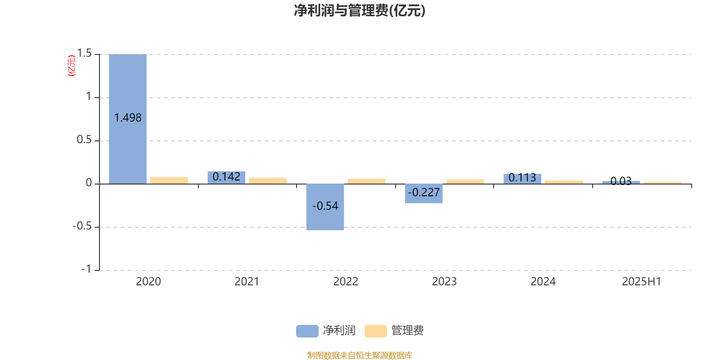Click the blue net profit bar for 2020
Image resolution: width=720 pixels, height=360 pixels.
[x=128, y=119]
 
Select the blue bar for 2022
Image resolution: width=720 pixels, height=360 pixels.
[x=325, y=207]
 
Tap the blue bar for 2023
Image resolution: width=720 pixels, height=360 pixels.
[x=423, y=193]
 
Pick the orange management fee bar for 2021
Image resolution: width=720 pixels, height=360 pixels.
[x=268, y=180]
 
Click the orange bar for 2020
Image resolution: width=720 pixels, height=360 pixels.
[x=169, y=180]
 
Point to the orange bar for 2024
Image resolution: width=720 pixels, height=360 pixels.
[x=564, y=182]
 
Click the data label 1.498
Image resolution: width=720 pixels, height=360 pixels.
[x=128, y=118]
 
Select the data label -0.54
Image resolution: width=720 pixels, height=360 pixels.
[x=325, y=206]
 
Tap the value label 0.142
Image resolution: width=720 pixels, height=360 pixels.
[x=226, y=176]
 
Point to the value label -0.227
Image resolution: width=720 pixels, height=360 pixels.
[x=423, y=192]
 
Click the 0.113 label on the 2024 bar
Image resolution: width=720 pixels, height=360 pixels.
[x=522, y=177]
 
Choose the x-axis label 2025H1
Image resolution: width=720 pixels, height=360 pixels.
[x=642, y=282]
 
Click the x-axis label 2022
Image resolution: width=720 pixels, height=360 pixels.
[x=346, y=282]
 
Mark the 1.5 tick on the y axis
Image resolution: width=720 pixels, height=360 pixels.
[x=85, y=54]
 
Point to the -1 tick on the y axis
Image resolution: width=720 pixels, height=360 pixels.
[x=86, y=269]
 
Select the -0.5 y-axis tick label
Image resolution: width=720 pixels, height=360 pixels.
[x=82, y=226]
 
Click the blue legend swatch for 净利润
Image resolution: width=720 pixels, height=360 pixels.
[x=307, y=331]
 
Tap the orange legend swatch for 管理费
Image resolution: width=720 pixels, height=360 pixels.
[x=375, y=331]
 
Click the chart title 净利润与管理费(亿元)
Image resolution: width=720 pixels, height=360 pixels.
[x=360, y=11]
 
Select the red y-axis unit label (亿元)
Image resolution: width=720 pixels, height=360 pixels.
[x=72, y=66]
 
